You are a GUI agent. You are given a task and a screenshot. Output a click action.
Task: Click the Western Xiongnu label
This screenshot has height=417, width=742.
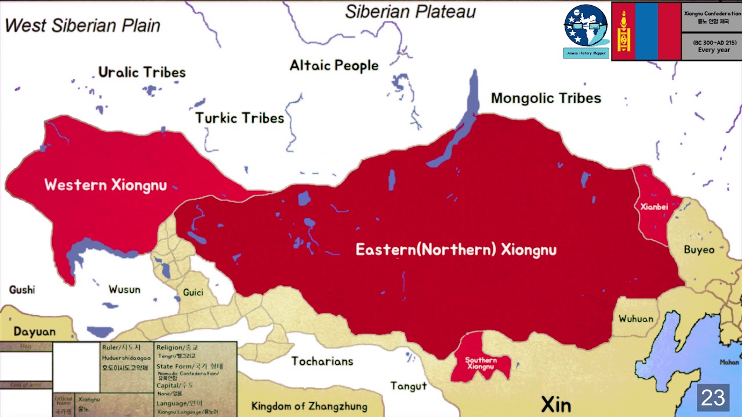pyautogui.click(x=106, y=185)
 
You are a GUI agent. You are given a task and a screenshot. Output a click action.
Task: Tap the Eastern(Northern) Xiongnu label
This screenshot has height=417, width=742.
pyautogui.click(x=456, y=250)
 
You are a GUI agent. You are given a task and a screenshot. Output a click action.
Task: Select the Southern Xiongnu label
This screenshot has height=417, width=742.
pyautogui.click(x=481, y=364)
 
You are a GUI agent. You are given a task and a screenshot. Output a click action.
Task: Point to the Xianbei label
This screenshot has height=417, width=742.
pyautogui.click(x=654, y=207)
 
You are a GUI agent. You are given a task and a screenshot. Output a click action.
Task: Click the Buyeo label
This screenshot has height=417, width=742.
pyautogui.click(x=699, y=250)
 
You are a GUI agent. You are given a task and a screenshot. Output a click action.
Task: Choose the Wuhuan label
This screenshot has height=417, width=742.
pyautogui.click(x=635, y=319)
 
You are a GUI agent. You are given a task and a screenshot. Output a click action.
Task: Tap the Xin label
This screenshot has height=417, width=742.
pyautogui.click(x=556, y=404)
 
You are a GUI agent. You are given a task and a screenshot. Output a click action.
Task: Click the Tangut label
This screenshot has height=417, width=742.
pyautogui.click(x=408, y=386)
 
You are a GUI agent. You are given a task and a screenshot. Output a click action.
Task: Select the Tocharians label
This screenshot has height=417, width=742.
pyautogui.click(x=322, y=361)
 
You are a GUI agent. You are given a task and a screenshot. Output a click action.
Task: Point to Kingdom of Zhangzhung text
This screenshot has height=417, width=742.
pyautogui.click(x=309, y=406)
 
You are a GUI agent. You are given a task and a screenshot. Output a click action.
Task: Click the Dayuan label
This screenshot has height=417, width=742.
pyautogui.click(x=35, y=332)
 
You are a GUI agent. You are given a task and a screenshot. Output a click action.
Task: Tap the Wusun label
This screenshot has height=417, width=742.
pyautogui.click(x=124, y=289)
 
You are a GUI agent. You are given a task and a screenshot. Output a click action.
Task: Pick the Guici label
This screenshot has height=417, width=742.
pyautogui.click(x=193, y=292)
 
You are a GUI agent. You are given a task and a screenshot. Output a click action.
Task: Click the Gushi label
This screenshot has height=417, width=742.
pyautogui.click(x=22, y=290)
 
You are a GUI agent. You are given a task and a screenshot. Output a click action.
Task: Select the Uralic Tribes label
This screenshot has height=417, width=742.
pyautogui.click(x=142, y=72)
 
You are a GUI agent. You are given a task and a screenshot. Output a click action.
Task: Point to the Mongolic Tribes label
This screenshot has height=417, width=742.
pyautogui.click(x=545, y=98)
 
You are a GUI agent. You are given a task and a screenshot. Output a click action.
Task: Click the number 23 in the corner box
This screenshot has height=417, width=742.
pyautogui.click(x=713, y=398)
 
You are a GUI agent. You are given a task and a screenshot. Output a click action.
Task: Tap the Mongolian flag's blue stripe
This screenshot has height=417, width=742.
pyautogui.click(x=646, y=31)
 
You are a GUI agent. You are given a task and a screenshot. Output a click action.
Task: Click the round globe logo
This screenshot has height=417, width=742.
pyautogui.click(x=585, y=26)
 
